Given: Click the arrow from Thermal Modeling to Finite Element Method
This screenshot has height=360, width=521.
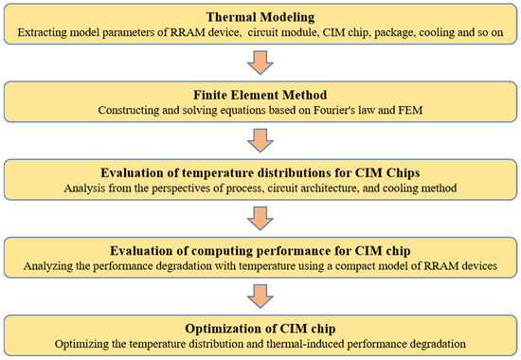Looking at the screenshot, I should point(260,61).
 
